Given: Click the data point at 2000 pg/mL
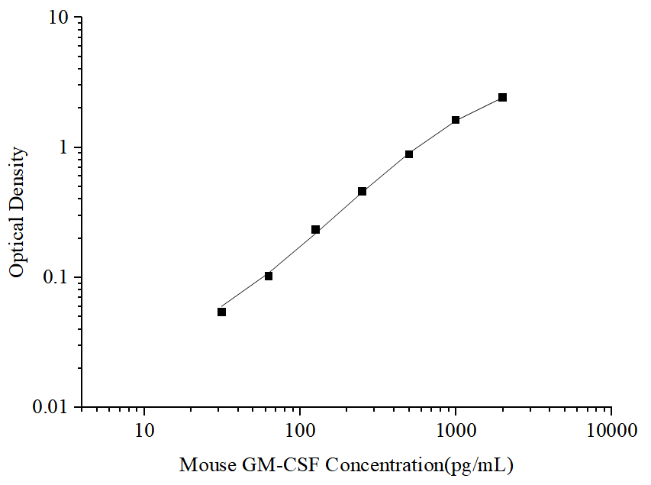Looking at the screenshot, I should point(502,98).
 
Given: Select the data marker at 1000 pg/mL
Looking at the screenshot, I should point(456,120).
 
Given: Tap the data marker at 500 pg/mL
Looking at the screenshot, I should point(409,154).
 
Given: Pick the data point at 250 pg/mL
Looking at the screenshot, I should point(363,192).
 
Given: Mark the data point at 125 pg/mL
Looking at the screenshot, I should point(315,230).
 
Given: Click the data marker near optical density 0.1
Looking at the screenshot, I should point(269,276).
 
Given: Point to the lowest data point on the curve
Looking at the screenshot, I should point(222,312).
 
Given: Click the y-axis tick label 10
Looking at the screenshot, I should point(60,18).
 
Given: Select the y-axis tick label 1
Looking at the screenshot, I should point(66,147).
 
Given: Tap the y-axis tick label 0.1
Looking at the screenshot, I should point(56,277).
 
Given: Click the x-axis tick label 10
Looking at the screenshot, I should point(145,431).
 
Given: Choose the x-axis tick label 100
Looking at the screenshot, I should point(300,431).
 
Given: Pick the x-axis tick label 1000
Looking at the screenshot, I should point(456,431).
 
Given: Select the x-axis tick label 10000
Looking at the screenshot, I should point(611,431).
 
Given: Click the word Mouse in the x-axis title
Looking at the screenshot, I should point(207,464).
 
